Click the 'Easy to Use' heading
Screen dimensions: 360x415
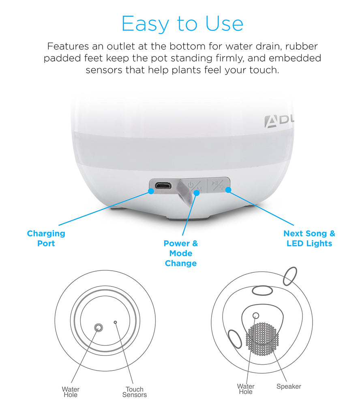[182, 24]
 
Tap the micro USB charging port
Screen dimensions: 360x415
[163, 186]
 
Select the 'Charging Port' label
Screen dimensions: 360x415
[46, 238]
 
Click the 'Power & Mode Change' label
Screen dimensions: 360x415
[181, 253]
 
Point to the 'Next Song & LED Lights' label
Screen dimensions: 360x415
[309, 238]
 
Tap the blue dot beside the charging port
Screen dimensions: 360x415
[151, 191]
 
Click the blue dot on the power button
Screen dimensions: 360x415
[197, 193]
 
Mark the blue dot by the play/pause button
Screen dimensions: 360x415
[228, 190]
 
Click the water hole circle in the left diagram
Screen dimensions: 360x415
[99, 327]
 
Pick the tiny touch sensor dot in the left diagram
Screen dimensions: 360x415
[115, 322]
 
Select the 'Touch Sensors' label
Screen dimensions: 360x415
[135, 392]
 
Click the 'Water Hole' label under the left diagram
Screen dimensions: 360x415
[71, 392]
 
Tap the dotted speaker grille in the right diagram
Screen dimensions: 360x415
[262, 339]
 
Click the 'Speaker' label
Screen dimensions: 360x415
[289, 386]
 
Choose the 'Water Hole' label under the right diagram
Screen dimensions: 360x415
[246, 389]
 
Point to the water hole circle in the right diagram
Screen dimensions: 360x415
[256, 315]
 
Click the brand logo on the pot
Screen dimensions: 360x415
[279, 122]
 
